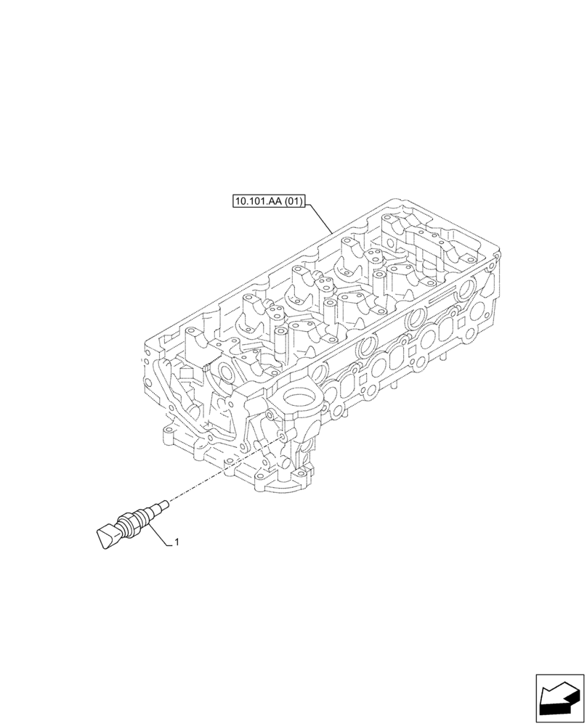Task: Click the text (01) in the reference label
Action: (x=291, y=201)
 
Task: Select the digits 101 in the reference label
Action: (x=254, y=201)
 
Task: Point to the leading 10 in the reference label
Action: (x=240, y=201)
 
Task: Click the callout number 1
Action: (x=177, y=542)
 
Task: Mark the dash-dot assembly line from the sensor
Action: (x=218, y=473)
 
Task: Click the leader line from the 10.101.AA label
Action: (x=320, y=218)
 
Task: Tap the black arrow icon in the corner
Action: (x=559, y=700)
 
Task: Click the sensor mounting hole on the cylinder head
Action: (x=278, y=438)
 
